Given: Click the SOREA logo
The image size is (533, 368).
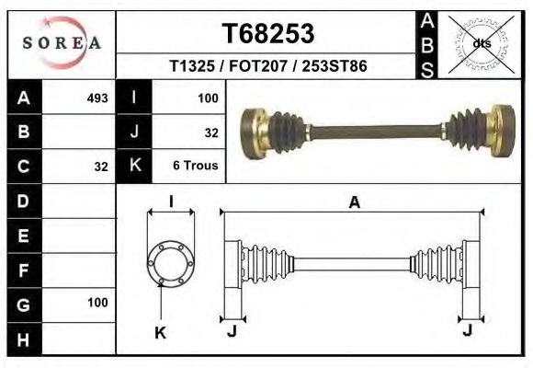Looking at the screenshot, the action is (62, 43).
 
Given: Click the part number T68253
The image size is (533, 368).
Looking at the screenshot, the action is (268, 33).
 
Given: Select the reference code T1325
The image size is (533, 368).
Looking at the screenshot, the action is (192, 65).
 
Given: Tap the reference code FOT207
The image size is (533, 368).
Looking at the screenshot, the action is (258, 65).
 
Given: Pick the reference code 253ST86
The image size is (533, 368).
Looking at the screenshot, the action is (335, 65).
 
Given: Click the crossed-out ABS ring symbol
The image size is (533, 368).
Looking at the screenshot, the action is (481, 44).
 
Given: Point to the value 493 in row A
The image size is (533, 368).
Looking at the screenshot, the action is (97, 98).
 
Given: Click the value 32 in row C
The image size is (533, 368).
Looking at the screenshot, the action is (101, 167).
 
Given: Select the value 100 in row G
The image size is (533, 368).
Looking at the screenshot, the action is (97, 303).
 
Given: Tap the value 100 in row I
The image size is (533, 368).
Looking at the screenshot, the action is (208, 98).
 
